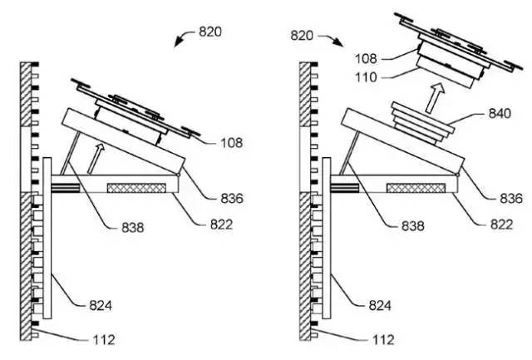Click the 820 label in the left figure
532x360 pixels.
point(210,32)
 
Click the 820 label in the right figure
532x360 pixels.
point(302,35)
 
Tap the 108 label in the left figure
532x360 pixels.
point(232,143)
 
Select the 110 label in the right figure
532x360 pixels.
point(366,77)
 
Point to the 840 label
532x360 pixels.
point(500,113)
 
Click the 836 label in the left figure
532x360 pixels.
point(232,199)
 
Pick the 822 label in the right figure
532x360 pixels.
point(501,224)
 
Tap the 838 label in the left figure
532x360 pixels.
point(133,227)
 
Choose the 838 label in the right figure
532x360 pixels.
point(413,226)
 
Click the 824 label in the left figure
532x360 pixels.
point(101,305)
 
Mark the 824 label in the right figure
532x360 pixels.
point(380,306)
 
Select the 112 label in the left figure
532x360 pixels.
point(104,339)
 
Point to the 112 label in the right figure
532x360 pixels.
point(383,339)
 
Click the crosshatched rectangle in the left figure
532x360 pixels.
point(136,188)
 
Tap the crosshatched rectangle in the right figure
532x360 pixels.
point(416,188)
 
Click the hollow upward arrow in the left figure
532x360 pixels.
point(96,159)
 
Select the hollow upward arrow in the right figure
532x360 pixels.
point(435,98)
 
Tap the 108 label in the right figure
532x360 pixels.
point(366,59)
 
